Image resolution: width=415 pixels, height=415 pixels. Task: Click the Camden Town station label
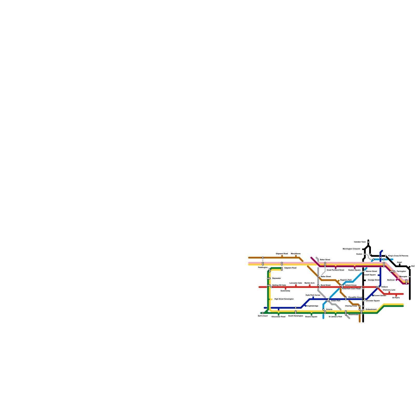tap(360, 242)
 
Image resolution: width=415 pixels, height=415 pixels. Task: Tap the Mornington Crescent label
tap(351, 249)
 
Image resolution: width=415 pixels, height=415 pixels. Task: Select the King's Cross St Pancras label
tap(398, 256)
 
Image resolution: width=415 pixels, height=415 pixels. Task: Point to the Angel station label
tap(399, 262)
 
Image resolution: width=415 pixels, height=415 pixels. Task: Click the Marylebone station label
tap(296, 253)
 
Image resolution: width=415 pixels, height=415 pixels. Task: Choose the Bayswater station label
tap(276, 278)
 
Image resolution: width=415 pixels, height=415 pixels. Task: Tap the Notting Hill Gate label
tap(279, 285)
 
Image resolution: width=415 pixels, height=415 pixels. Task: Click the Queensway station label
tap(285, 291)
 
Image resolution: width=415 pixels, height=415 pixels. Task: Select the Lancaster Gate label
tap(296, 283)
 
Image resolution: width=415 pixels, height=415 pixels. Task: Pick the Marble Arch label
tap(309, 283)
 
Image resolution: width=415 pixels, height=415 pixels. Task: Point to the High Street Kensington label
tap(284, 299)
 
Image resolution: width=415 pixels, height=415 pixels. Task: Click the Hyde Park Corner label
tap(313, 295)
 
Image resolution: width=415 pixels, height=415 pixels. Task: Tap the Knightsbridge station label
tap(312, 306)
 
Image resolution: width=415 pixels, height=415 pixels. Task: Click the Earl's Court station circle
tap(263, 313)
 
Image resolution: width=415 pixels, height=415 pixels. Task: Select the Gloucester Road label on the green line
tap(278, 317)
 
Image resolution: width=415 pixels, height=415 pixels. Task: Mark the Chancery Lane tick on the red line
tap(389, 293)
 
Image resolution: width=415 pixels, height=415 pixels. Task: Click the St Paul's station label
tap(396, 298)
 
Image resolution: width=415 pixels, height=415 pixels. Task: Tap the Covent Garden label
tap(380, 295)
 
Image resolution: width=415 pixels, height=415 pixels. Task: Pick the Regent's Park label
tap(346, 280)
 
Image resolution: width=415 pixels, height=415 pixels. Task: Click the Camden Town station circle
tap(368, 242)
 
